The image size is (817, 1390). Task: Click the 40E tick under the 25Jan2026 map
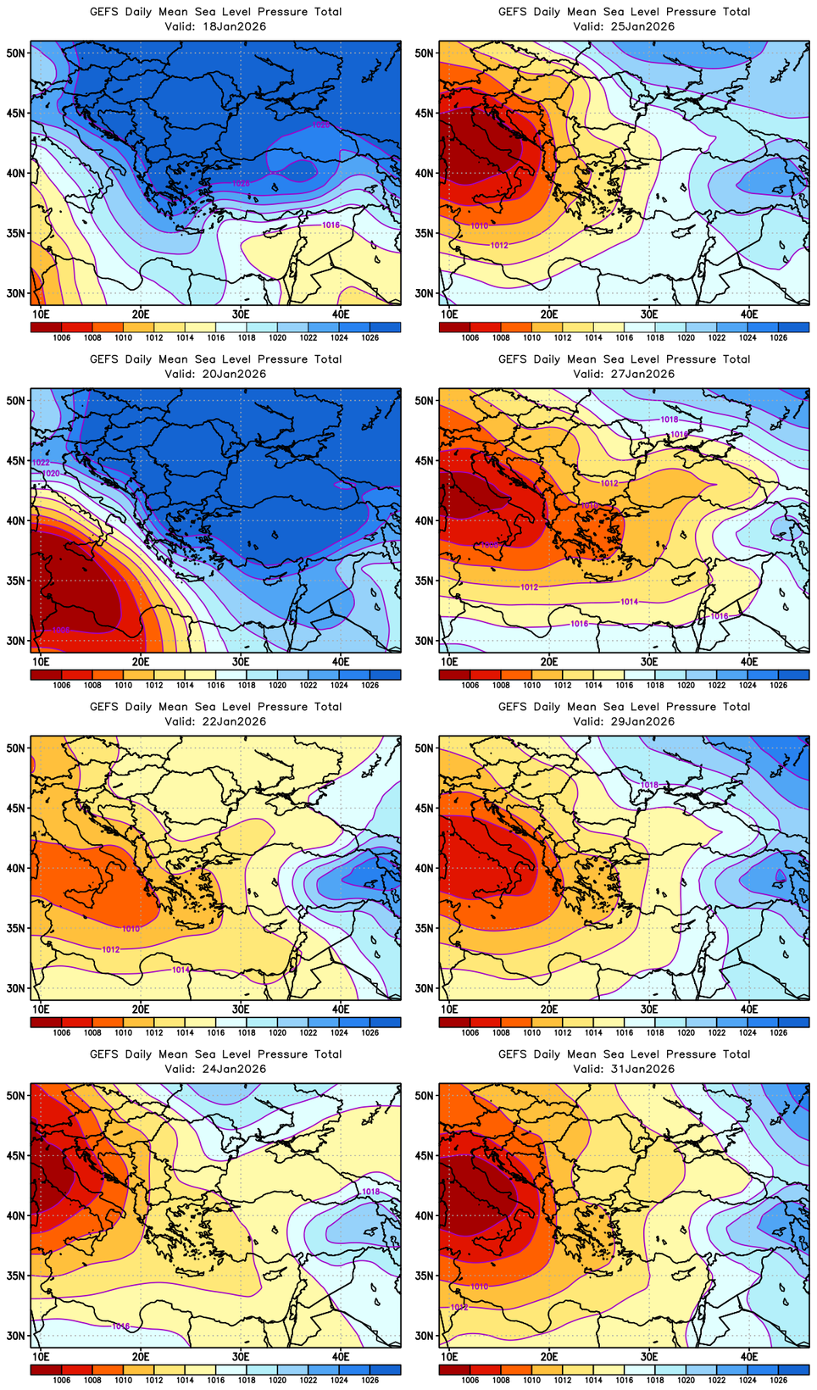[x=749, y=314]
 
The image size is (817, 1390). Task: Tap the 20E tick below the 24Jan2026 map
[x=141, y=1357]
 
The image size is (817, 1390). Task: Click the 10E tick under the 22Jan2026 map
[x=40, y=1009]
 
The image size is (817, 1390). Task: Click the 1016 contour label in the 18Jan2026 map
[x=331, y=225]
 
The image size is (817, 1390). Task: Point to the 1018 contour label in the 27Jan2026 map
[x=669, y=420]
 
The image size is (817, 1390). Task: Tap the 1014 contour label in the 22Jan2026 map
[x=181, y=970]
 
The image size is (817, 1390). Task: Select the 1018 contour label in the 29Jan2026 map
[x=649, y=785]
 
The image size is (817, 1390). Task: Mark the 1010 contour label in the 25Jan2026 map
[x=479, y=226]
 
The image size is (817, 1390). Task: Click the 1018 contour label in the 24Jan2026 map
[x=370, y=1192]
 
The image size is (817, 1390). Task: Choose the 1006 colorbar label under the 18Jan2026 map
[x=61, y=337]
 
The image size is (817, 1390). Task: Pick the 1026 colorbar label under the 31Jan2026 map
[x=778, y=1380]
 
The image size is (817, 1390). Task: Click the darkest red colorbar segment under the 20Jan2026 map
[x=46, y=675]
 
